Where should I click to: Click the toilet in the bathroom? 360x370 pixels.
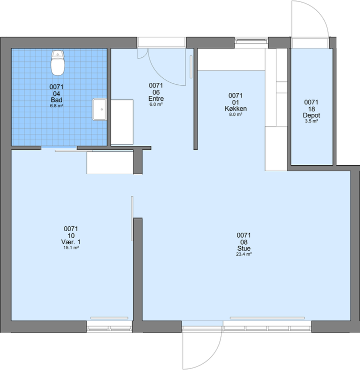click(57, 63)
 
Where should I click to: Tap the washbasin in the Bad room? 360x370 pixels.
click(99, 109)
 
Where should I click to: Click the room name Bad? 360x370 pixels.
click(56, 100)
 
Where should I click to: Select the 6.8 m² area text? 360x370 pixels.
click(56, 106)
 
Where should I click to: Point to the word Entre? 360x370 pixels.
click(156, 99)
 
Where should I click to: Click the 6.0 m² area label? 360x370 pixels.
click(156, 104)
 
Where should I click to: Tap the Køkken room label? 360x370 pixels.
click(235, 109)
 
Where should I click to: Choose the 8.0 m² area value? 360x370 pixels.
click(235, 115)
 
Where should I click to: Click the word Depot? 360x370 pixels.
click(311, 115)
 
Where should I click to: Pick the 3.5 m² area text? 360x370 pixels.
click(311, 121)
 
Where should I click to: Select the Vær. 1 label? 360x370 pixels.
click(71, 242)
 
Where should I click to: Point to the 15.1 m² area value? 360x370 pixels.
click(71, 248)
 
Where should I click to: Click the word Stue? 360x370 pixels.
click(244, 249)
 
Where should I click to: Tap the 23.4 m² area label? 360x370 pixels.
click(244, 254)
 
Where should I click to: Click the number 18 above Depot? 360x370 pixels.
click(311, 109)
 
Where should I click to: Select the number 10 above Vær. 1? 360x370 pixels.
click(71, 236)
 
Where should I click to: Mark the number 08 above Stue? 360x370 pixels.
click(244, 242)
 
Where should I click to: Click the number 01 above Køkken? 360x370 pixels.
click(235, 102)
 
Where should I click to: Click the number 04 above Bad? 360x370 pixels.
click(56, 94)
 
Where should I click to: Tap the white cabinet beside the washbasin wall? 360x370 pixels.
click(122, 122)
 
